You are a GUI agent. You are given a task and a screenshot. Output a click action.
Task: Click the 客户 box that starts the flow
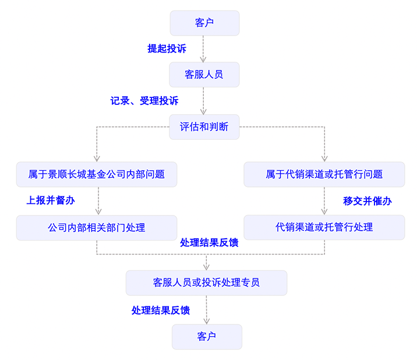point(204,23)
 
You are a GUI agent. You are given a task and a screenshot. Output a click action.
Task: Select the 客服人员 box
point(204,75)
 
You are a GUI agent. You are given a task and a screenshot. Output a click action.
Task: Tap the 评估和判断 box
point(204,126)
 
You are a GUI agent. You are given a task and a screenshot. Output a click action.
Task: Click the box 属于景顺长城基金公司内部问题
point(97,174)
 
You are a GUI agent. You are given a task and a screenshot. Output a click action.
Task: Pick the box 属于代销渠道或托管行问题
point(324,174)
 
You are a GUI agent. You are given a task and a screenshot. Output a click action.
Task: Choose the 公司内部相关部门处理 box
point(97,227)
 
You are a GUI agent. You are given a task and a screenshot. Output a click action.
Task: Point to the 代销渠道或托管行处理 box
point(324,227)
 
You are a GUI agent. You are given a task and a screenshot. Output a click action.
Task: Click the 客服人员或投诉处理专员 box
point(206,283)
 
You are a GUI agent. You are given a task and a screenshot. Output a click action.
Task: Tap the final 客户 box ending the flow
point(206,337)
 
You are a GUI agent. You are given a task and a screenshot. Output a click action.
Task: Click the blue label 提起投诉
point(167,48)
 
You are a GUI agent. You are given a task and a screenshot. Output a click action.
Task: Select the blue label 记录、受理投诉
point(144,100)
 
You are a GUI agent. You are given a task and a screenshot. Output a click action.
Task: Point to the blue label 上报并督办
point(51,200)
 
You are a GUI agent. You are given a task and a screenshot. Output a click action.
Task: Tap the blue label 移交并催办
point(367,201)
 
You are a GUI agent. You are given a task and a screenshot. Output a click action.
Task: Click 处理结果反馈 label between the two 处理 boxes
point(209,242)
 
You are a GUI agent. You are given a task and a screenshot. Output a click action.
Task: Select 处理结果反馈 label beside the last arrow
point(161,310)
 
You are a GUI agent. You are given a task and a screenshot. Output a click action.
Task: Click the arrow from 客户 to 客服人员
point(204,49)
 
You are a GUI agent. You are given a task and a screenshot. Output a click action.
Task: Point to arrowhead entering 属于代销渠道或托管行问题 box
point(324,158)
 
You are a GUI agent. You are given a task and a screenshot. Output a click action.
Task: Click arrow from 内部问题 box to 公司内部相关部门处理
point(97,201)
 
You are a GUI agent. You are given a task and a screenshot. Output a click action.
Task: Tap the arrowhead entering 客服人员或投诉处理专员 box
point(206,267)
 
